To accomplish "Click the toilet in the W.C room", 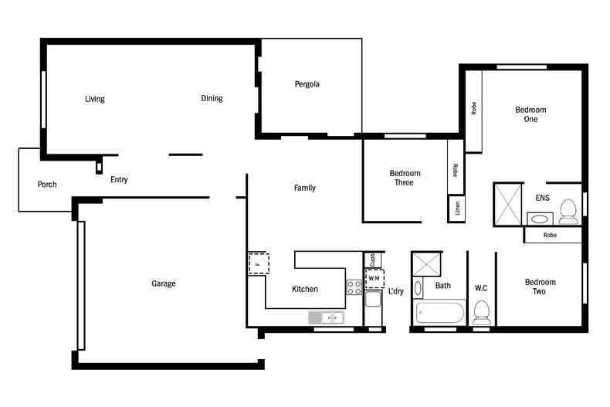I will tap(482, 312).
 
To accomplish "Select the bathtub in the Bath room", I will tap(439, 314).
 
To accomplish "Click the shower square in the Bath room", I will tap(427, 263).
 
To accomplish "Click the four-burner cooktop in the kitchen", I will tap(354, 287).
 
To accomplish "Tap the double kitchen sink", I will tap(326, 317).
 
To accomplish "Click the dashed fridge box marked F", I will tap(258, 263).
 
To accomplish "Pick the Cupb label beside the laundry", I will tap(371, 259).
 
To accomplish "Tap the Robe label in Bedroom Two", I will tap(550, 235).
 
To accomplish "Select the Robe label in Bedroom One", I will tap(473, 109).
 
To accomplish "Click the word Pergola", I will tap(307, 84).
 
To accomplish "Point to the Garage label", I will tap(163, 283).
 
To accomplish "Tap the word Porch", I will tap(47, 185).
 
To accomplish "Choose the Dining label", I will tap(212, 98).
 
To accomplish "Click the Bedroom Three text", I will tap(405, 178).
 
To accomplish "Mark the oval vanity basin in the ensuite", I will tap(537, 218).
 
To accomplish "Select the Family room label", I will tap(304, 188).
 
